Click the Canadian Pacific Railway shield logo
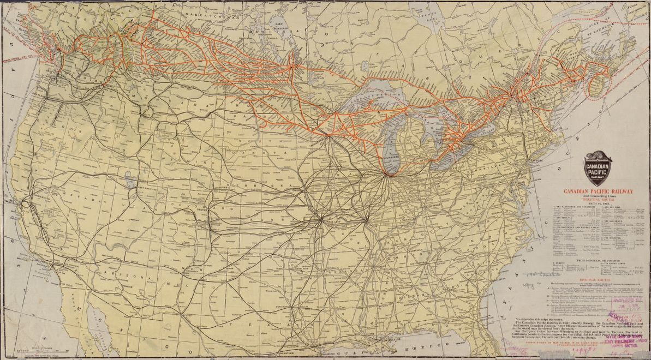pyautogui.click(x=598, y=170)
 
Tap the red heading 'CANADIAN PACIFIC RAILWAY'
pyautogui.click(x=599, y=191)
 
